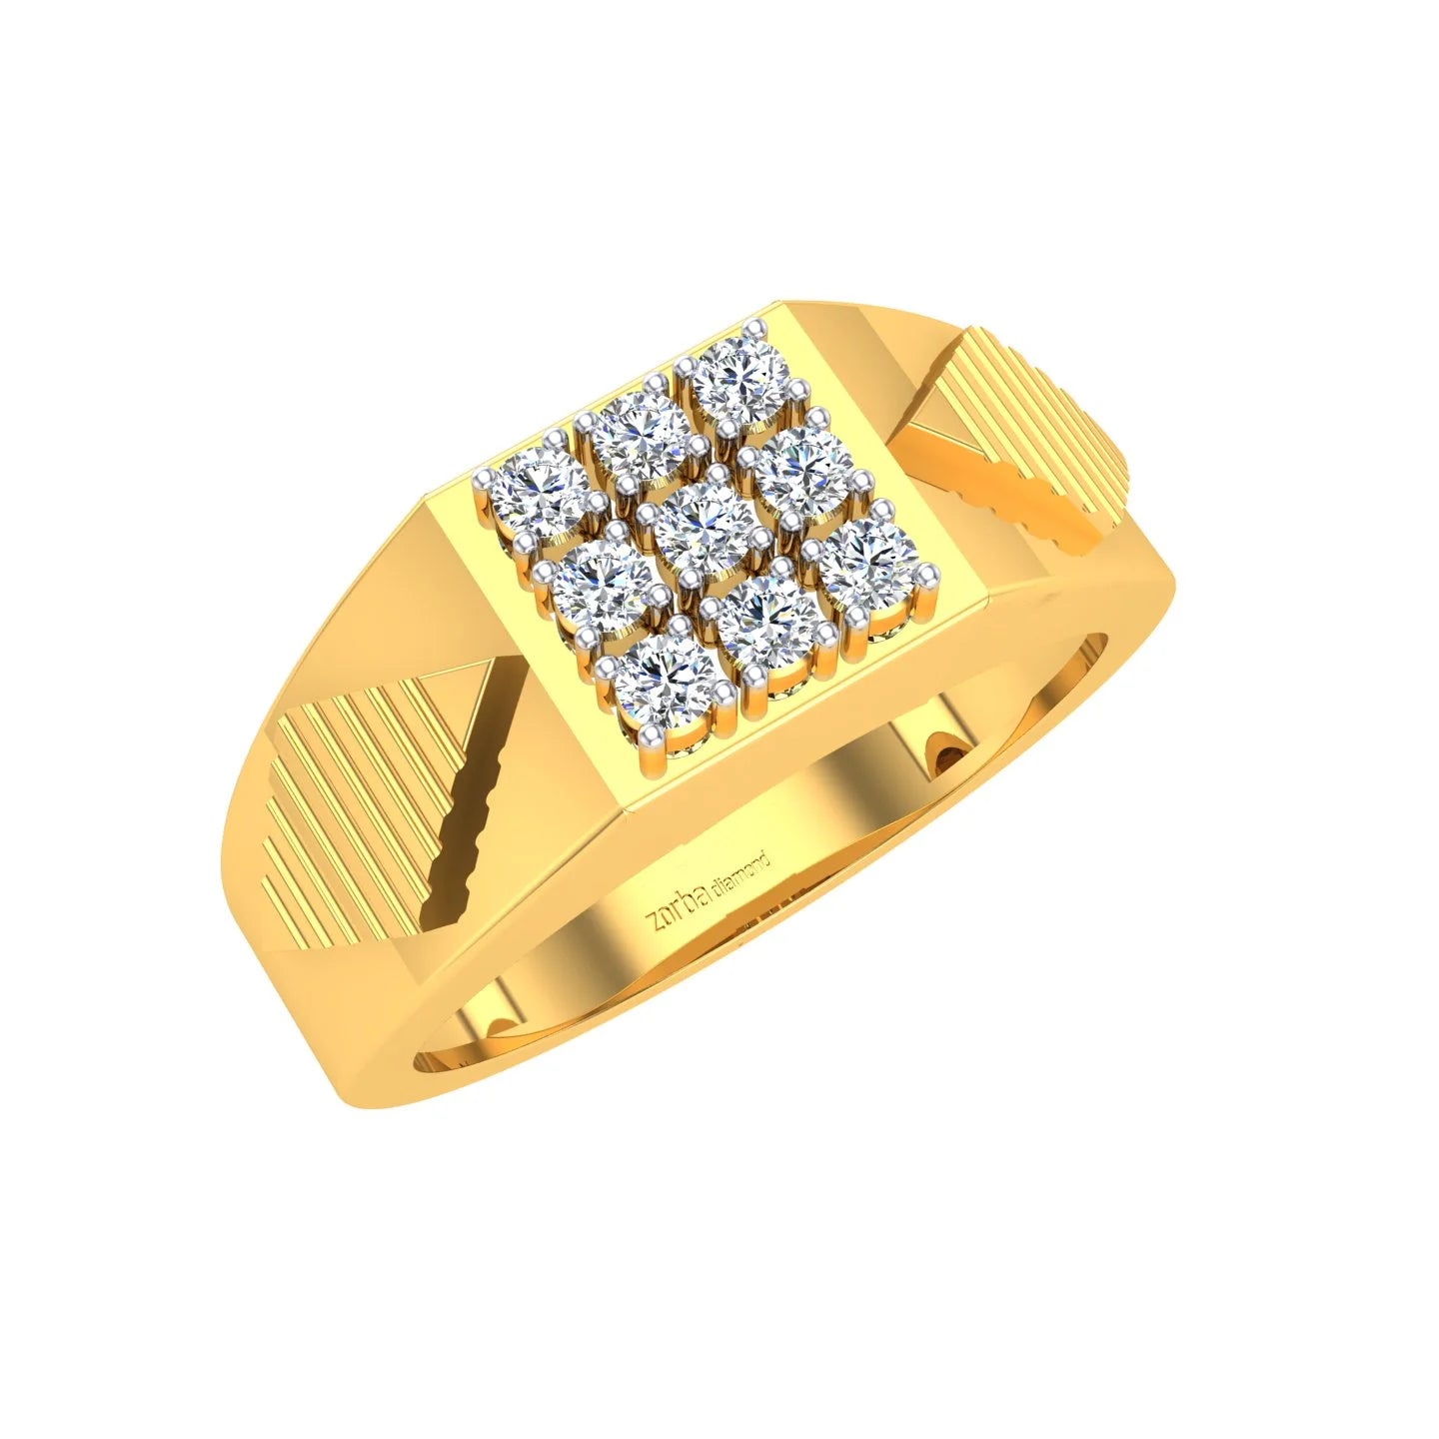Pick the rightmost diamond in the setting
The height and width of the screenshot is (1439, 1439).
(871, 563)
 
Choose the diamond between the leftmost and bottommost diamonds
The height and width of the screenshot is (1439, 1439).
(599, 579)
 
